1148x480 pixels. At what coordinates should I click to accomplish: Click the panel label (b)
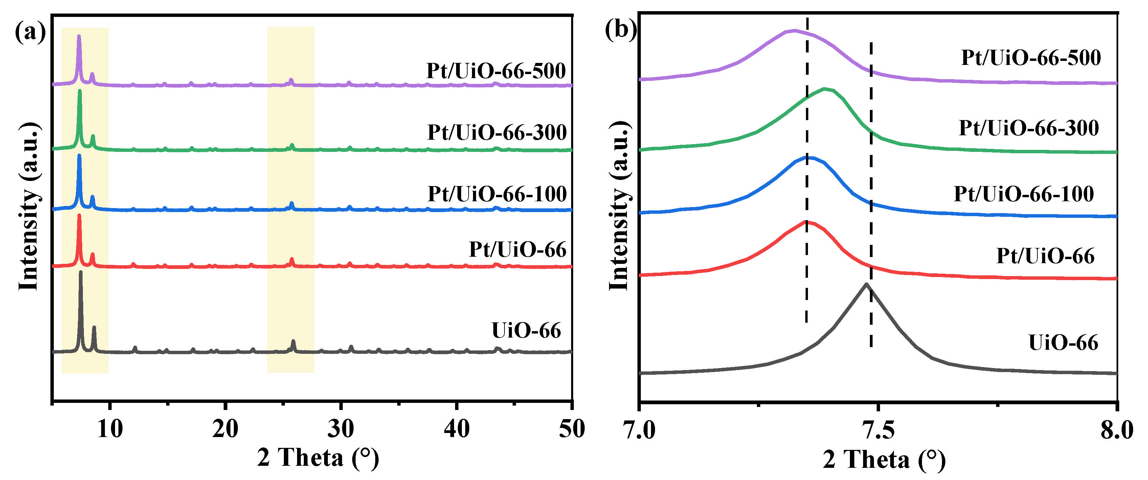621,30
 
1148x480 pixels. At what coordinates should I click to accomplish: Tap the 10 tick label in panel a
109,429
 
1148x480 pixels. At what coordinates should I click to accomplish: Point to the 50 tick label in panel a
571,429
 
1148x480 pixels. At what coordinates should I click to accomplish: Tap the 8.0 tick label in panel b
1116,431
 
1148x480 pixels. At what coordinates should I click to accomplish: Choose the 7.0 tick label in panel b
640,431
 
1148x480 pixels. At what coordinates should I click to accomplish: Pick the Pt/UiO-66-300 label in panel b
1029,128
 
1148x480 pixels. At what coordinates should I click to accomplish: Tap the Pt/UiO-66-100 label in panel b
1024,193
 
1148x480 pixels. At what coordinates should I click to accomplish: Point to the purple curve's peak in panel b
794,31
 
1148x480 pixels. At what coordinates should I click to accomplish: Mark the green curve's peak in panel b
825,89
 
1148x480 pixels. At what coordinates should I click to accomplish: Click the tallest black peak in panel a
80,272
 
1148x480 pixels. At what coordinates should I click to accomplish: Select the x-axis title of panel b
884,459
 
